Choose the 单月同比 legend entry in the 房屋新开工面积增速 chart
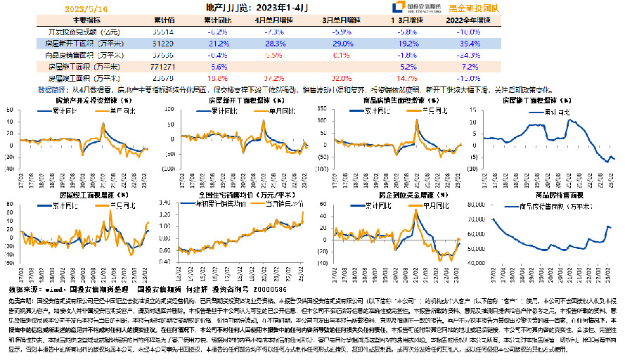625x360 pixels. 271,111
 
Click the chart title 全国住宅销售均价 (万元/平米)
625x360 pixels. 241,194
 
